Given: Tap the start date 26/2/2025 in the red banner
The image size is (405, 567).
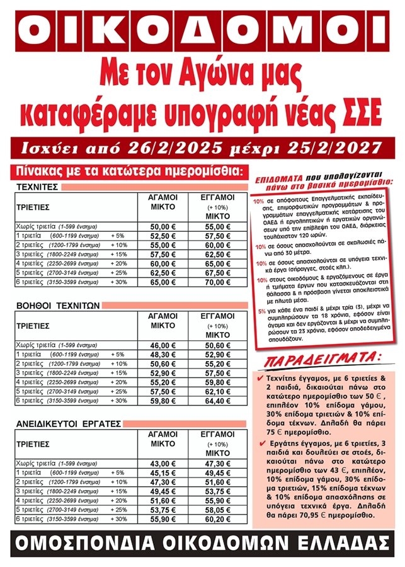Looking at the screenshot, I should (185, 149).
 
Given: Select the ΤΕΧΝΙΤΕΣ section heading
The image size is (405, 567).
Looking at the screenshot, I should (37, 187).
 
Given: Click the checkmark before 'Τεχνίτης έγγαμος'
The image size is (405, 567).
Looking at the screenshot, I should (261, 378).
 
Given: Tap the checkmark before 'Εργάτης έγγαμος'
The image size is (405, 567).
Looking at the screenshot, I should (261, 444).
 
